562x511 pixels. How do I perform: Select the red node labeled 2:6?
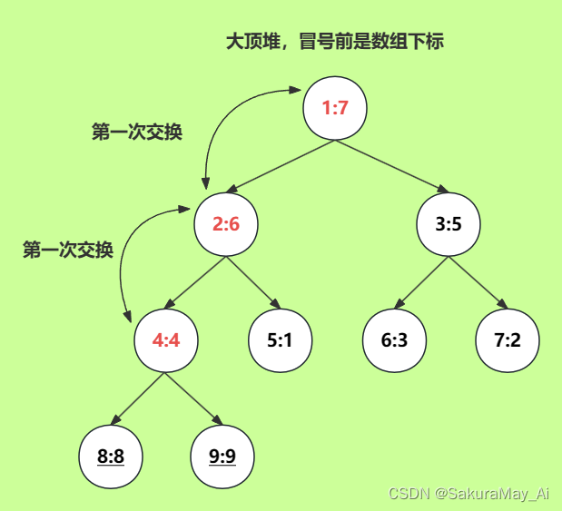(x=226, y=223)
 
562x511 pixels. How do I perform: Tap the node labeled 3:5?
(x=449, y=223)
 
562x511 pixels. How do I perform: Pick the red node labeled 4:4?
(x=165, y=341)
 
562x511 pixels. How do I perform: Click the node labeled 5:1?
(x=280, y=341)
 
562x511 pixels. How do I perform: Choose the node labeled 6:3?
(x=393, y=341)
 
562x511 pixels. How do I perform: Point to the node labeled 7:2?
(x=508, y=341)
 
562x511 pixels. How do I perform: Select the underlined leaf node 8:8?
(x=110, y=456)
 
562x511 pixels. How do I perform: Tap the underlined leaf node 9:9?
(x=222, y=456)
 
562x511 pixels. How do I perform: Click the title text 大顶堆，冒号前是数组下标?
(x=334, y=42)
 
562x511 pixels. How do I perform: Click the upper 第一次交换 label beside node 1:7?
(x=137, y=133)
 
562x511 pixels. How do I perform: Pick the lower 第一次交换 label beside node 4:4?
(x=68, y=251)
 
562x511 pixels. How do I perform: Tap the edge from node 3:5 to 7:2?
(x=478, y=283)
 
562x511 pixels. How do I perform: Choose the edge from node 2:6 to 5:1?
(x=253, y=282)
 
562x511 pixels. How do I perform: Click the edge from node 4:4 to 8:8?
(x=137, y=399)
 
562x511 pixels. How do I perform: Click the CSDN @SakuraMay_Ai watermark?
(x=468, y=493)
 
